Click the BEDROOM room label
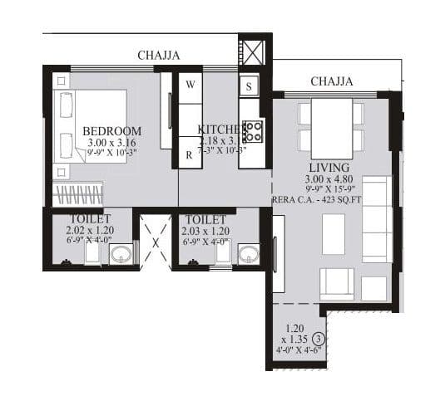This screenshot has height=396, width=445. [111, 131]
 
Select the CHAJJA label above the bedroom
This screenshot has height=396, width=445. [160, 56]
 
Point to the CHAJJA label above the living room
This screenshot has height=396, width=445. [331, 81]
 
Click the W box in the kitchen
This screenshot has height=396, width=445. [190, 85]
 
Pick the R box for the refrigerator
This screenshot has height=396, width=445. [190, 154]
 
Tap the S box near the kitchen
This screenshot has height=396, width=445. [250, 85]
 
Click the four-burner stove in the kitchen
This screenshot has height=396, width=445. [252, 131]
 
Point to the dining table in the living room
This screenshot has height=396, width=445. [331, 125]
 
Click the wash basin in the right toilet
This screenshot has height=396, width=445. [248, 253]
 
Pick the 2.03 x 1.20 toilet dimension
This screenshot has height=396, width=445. [206, 230]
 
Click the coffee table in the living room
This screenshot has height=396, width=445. [334, 234]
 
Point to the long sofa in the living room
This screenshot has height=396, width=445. [377, 218]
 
